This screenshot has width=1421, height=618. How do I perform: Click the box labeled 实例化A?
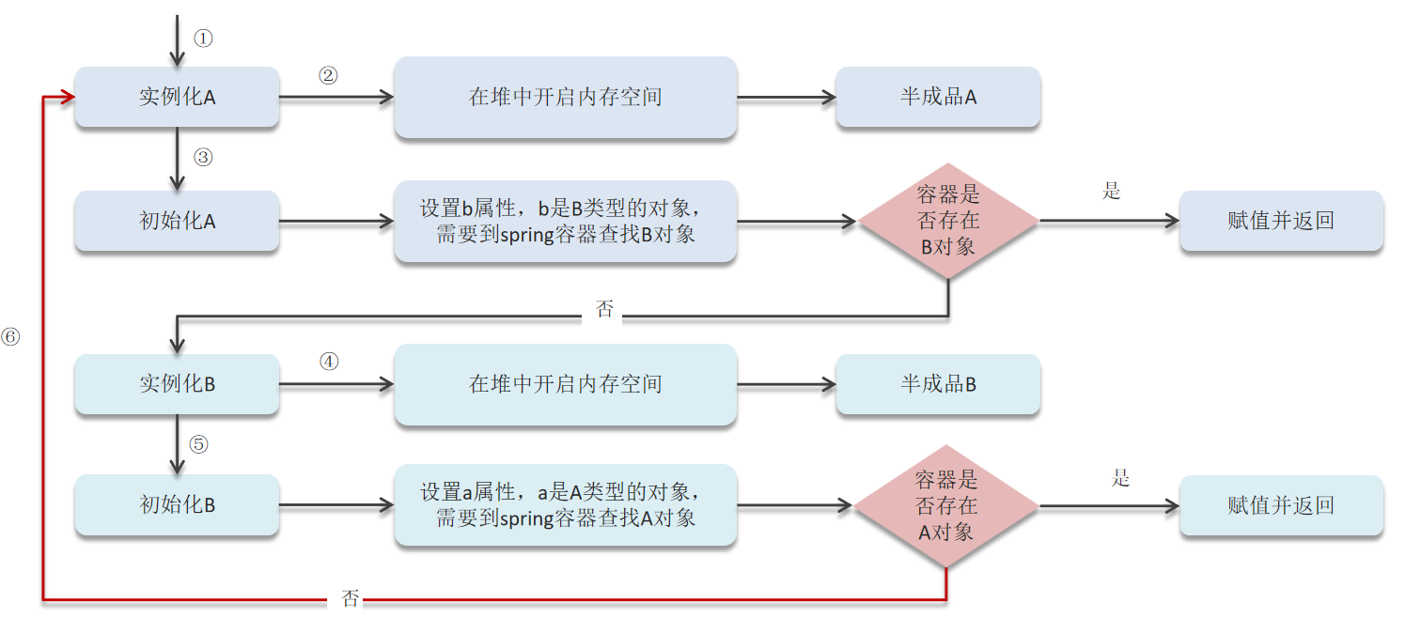coord(177,97)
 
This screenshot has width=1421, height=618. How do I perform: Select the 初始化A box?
coord(177,222)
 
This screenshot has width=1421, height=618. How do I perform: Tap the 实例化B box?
coord(177,384)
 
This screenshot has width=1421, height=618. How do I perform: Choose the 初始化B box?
coord(177,505)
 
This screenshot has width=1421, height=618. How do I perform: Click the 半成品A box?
coord(938,97)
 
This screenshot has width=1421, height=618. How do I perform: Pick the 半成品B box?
coord(938,384)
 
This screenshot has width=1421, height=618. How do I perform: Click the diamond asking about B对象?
coord(947,221)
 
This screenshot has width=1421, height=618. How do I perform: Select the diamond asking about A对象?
coord(946,506)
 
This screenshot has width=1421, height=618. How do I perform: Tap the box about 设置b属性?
coord(565,222)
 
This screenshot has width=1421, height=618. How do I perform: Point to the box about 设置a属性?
coord(565,505)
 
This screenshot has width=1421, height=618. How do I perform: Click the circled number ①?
coord(204,39)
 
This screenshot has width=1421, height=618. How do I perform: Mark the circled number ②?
coord(328,76)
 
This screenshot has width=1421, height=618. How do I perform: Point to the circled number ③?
coord(204,158)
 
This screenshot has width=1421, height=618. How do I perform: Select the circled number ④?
coord(329,362)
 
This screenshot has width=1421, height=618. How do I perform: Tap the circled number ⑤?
coord(198,444)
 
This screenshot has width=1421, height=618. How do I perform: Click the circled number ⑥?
coord(10,335)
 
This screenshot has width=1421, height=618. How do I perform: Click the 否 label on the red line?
coord(350,599)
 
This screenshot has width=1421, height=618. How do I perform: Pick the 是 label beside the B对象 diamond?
coord(1112,192)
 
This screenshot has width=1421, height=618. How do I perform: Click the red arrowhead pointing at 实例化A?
coord(68,97)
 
